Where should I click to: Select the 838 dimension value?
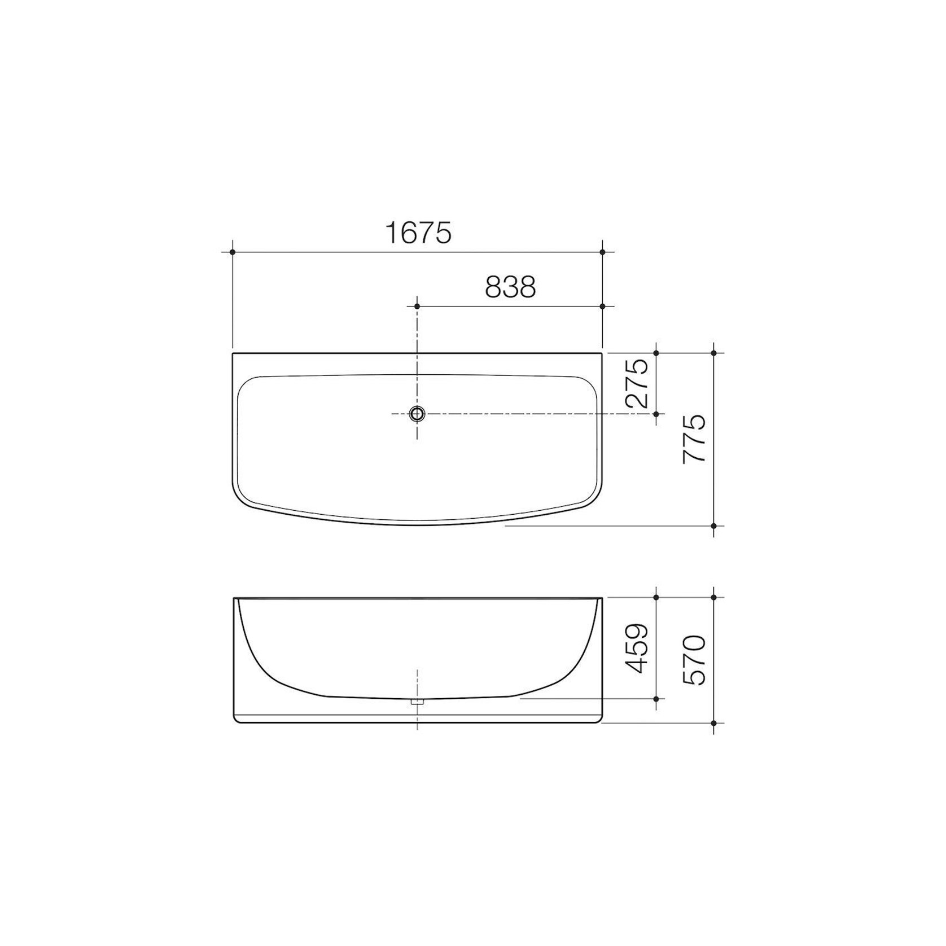coord(510,287)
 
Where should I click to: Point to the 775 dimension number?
coord(694,439)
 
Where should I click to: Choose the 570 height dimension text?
coord(694,660)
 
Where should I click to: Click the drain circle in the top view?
coord(417,414)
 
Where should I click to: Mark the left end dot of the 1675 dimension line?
coord(233,252)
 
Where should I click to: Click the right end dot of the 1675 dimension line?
coord(602,252)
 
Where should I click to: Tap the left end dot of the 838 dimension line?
coord(417,306)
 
